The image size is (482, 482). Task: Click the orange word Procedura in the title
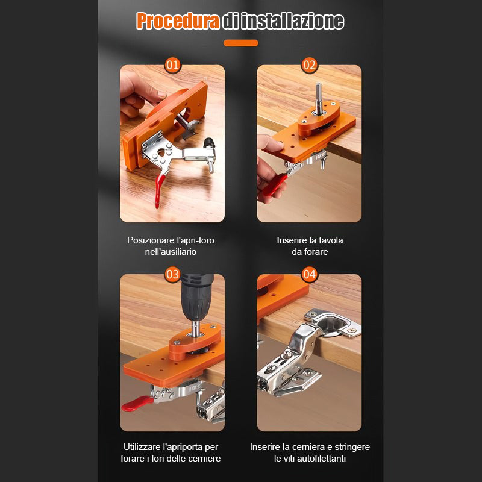click(178, 21)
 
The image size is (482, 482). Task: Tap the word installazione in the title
click(292, 22)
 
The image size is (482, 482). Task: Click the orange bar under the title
click(240, 43)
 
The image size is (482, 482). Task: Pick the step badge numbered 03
click(172, 274)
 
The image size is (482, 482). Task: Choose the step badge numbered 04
click(309, 274)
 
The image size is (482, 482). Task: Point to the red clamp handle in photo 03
click(136, 402)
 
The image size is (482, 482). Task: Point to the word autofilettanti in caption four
click(323, 459)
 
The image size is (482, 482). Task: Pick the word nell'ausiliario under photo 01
click(171, 252)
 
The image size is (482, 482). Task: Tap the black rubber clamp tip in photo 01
click(210, 143)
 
